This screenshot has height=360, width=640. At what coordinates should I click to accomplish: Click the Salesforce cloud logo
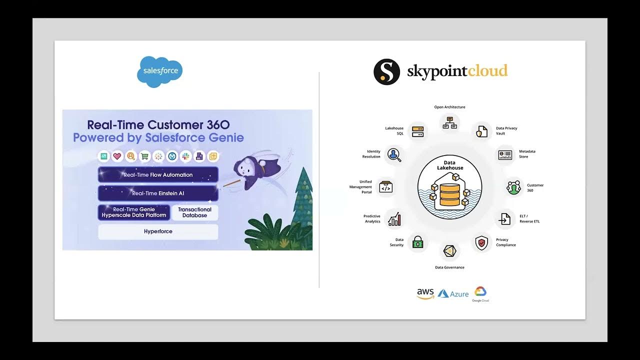click(x=160, y=71)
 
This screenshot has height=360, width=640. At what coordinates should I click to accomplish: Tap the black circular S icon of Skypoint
click(x=386, y=71)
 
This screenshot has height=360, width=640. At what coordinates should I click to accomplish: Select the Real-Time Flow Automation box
click(x=158, y=175)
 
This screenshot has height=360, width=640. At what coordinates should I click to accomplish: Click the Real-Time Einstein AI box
click(x=158, y=193)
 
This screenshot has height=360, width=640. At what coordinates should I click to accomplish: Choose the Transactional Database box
click(x=194, y=212)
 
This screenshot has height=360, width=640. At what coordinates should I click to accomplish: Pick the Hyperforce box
click(x=158, y=231)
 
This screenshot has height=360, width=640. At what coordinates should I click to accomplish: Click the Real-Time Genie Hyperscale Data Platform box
click(x=134, y=212)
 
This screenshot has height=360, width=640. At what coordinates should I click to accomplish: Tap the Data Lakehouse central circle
click(x=449, y=187)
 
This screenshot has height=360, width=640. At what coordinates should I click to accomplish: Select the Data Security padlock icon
click(x=417, y=243)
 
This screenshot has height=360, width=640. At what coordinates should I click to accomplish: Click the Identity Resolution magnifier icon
click(x=394, y=154)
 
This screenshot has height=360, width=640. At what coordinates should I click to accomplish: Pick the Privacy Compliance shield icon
click(x=481, y=243)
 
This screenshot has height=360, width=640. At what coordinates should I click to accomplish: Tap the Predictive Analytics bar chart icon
click(x=394, y=218)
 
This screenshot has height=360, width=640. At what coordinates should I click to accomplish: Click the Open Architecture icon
click(x=449, y=122)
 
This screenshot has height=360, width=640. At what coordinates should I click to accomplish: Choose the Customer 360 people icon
click(x=513, y=187)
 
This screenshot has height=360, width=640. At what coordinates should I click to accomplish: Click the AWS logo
click(x=425, y=294)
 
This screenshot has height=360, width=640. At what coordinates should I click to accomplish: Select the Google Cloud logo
click(x=480, y=293)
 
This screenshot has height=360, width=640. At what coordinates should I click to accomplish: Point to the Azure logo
click(x=453, y=294)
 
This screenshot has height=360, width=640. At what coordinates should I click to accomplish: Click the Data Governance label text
click(x=449, y=267)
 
